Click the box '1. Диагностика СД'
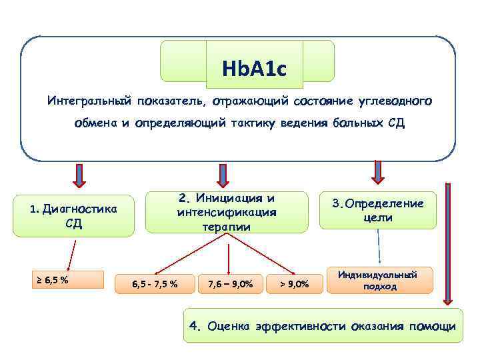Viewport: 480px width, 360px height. (73, 215)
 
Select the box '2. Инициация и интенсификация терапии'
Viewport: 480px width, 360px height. (227, 212)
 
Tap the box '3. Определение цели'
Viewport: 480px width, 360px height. (377, 211)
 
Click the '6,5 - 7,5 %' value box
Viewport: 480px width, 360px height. (155, 284)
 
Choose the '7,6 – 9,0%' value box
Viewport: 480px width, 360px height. (230, 284)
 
